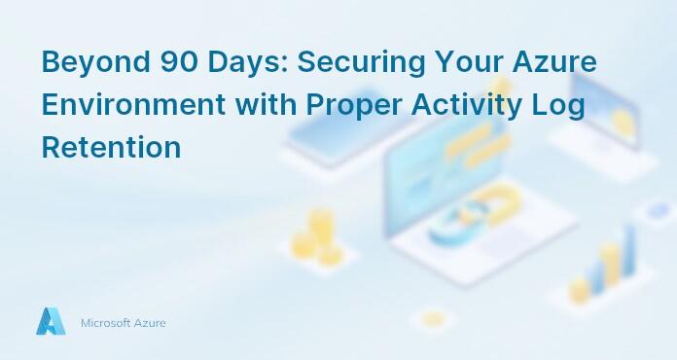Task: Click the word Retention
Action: coord(111,148)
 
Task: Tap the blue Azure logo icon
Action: coord(51,321)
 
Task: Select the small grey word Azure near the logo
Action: coord(152,322)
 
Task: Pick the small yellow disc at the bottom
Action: coord(432,318)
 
